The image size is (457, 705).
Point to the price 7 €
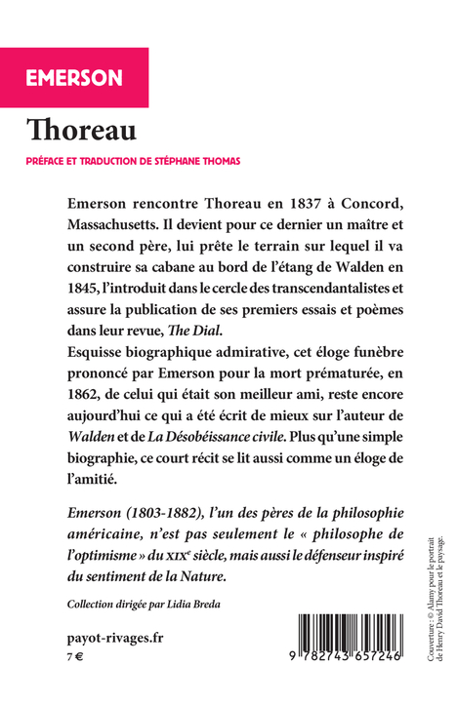[75, 659]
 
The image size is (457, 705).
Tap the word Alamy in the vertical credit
[431, 591]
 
